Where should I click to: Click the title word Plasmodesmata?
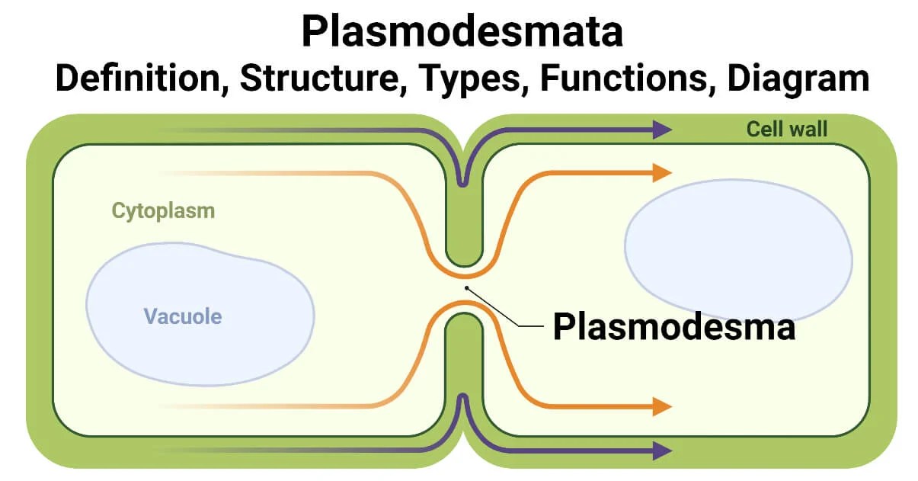pyautogui.click(x=462, y=32)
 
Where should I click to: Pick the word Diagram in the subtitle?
pyautogui.click(x=798, y=79)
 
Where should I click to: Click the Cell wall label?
pyautogui.click(x=786, y=129)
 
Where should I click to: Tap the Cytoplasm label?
pyautogui.click(x=163, y=210)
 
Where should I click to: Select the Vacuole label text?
pyautogui.click(x=183, y=316)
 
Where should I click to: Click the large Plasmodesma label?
pyautogui.click(x=673, y=327)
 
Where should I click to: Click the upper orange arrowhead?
pyautogui.click(x=661, y=173)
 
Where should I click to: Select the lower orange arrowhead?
pyautogui.click(x=661, y=406)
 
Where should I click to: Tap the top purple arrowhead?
pyautogui.click(x=661, y=130)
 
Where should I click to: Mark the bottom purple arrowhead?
pyautogui.click(x=661, y=451)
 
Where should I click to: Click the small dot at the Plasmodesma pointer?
pyautogui.click(x=467, y=288)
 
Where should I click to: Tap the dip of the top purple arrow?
pyautogui.click(x=462, y=181)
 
